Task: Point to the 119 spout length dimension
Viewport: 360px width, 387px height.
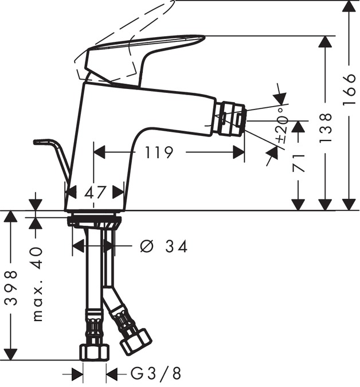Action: click(158, 153)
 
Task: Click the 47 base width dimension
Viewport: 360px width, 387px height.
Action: click(95, 192)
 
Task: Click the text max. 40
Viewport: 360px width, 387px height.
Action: click(37, 283)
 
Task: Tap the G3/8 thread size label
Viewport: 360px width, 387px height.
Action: click(155, 374)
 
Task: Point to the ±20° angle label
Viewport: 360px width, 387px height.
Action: click(281, 126)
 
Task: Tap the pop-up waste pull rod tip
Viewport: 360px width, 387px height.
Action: click(40, 141)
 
